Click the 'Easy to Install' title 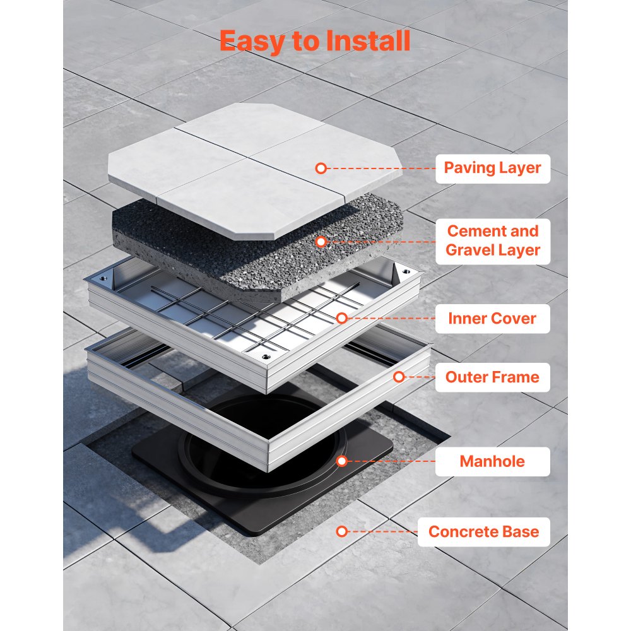point(315,40)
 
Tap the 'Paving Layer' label point(492,168)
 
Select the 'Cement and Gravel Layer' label point(492,240)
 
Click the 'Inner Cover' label point(492,319)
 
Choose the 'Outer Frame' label point(492,377)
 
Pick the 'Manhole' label point(492,461)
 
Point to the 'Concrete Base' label point(483,531)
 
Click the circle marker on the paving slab point(321,168)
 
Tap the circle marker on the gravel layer point(321,241)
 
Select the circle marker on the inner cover point(341,319)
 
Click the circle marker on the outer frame point(399,377)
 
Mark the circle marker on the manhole point(341,461)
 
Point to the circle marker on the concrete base point(341,531)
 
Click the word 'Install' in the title point(367,40)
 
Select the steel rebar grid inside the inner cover point(252,315)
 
